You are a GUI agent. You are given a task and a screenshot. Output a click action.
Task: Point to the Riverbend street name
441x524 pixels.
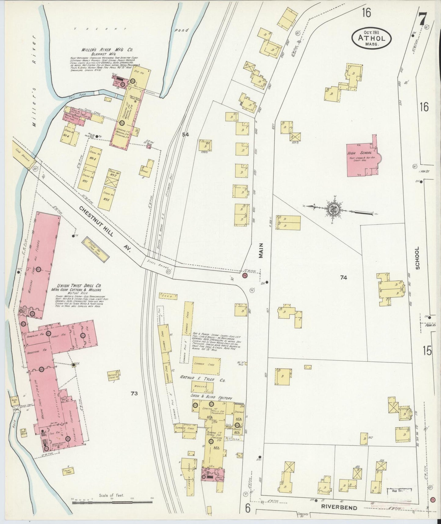pyautogui.click(x=339, y=508)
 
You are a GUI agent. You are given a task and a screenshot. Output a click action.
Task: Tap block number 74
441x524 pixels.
pyautogui.click(x=344, y=278)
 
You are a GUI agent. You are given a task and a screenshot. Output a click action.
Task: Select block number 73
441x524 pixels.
pyautogui.click(x=134, y=394)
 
